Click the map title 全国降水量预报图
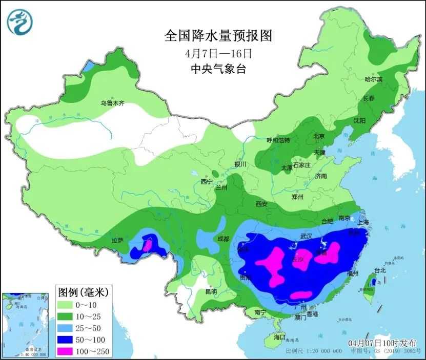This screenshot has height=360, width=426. [x=217, y=36]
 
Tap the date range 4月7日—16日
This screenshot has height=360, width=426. [x=217, y=53]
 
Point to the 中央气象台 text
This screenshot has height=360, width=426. [x=217, y=69]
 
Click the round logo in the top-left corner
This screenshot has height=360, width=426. [x=20, y=22]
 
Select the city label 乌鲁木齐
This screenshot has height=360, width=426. [x=112, y=103]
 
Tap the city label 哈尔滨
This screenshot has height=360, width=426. [x=373, y=79]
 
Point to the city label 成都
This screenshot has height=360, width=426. [x=223, y=238]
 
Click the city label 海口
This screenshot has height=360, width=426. [x=279, y=337]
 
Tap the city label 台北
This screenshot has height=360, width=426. [x=380, y=270]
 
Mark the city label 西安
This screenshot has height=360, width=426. [x=261, y=204]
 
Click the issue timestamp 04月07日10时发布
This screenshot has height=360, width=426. [x=382, y=343]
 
